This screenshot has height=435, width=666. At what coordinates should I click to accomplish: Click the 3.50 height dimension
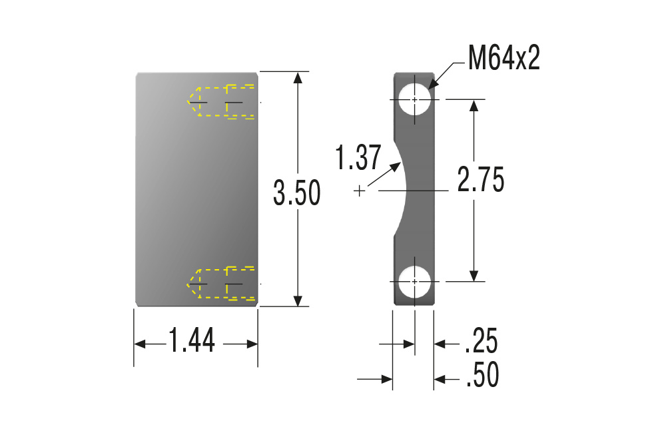click(296, 193)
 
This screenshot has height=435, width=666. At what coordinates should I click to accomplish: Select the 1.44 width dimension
click(192, 340)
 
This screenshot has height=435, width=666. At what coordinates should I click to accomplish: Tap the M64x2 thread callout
click(503, 58)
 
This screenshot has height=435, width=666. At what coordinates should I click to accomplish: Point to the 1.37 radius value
click(358, 158)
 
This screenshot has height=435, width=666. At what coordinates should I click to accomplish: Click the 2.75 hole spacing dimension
click(481, 180)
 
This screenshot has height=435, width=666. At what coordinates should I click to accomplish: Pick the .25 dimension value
click(482, 340)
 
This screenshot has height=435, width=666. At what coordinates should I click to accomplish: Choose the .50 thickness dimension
click(482, 374)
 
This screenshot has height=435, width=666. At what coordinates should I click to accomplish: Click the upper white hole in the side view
click(414, 99)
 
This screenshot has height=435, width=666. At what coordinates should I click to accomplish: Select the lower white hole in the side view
click(414, 281)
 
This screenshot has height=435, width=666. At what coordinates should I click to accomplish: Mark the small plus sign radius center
click(360, 191)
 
